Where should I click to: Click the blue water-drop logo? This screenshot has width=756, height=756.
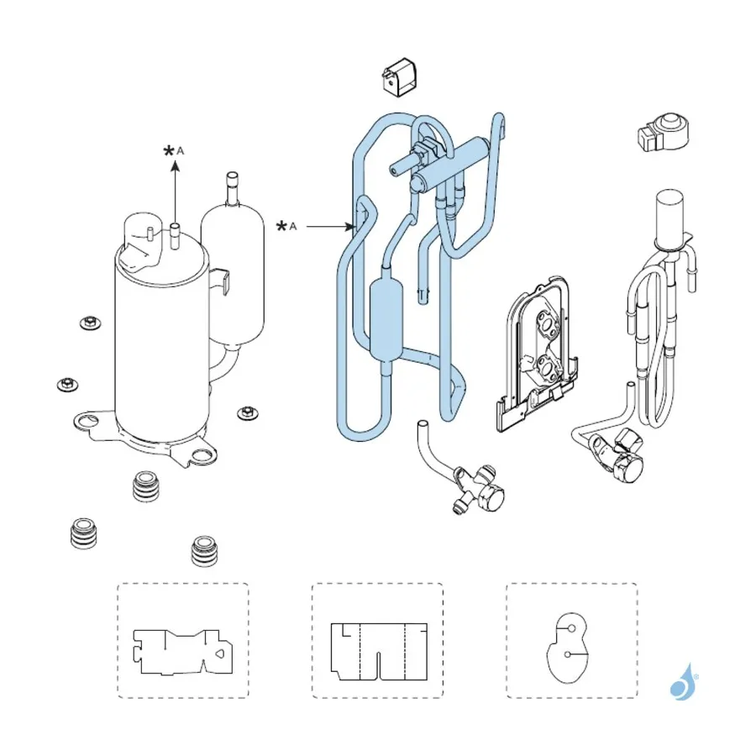(683, 683)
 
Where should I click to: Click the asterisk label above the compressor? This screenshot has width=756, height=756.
(169, 151)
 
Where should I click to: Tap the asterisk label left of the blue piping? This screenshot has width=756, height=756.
(281, 226)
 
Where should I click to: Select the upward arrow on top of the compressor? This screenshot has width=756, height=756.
(176, 193)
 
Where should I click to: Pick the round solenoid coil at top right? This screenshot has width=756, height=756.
(664, 133)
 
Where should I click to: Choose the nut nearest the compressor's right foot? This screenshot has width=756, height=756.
(247, 412)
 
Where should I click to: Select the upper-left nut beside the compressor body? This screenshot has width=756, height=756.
(90, 323)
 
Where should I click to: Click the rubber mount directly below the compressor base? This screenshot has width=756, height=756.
(145, 486)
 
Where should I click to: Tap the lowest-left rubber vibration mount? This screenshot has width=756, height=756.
(83, 533)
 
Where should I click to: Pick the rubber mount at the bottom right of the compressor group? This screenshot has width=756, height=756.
(204, 550)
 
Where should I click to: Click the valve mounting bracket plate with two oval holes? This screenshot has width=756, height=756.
(536, 354)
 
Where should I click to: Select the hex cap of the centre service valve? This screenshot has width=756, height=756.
(491, 496)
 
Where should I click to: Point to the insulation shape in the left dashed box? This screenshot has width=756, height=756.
(183, 651)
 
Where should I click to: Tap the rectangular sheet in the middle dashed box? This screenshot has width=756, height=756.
(379, 652)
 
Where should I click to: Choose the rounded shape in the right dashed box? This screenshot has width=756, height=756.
(568, 648)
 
